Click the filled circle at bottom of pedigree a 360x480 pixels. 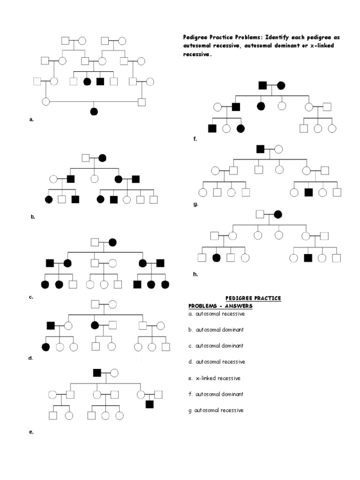pyautogui.click(x=94, y=111)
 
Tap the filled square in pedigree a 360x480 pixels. pyautogui.click(x=100, y=82)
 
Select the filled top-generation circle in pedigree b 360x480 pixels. pyautogui.click(x=102, y=158)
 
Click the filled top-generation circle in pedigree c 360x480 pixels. pyautogui.click(x=112, y=242)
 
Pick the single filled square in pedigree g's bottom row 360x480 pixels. pyautogui.click(x=308, y=192)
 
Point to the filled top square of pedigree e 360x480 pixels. pyautogui.click(x=97, y=373)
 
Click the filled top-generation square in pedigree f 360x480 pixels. pyautogui.click(x=263, y=85)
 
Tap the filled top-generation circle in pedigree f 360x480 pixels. pyautogui.click(x=280, y=85)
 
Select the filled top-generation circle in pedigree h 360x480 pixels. pyautogui.click(x=278, y=215)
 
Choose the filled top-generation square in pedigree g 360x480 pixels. pyautogui.click(x=261, y=150)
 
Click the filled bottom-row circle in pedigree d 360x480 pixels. pyautogui.click(x=45, y=347)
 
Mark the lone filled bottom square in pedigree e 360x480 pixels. pyautogui.click(x=150, y=404)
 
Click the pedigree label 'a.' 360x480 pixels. pyautogui.click(x=31, y=120)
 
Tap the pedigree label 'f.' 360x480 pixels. pyautogui.click(x=195, y=139)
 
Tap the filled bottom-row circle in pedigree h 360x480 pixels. pyautogui.click(x=216, y=257)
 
